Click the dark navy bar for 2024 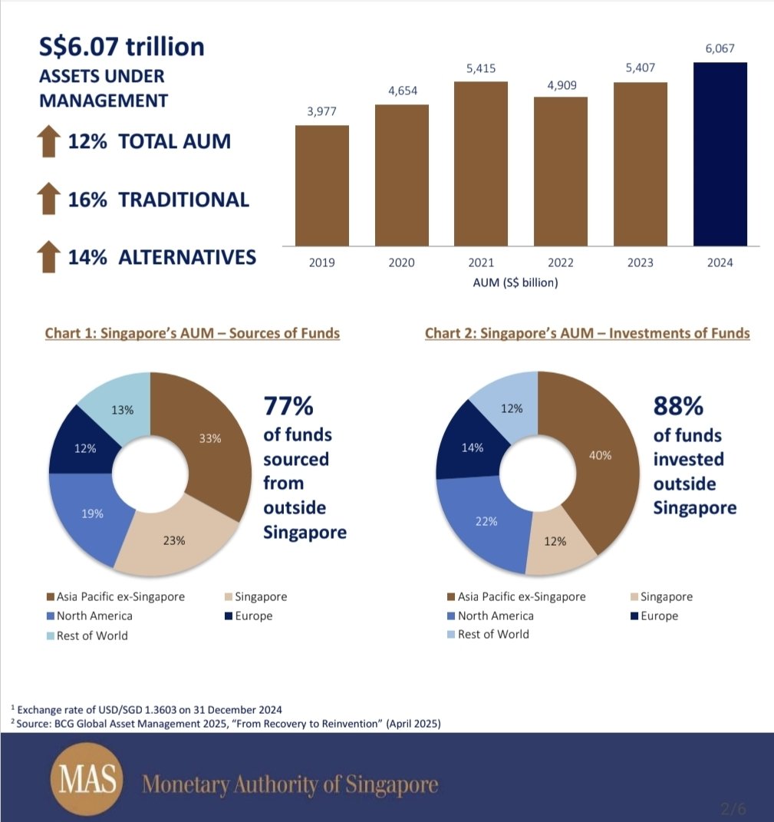tap(720, 154)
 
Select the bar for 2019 tap(321, 186)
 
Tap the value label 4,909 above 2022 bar tap(562, 85)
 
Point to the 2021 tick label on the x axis tap(481, 262)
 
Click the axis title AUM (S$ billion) tap(515, 282)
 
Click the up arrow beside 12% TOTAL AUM tap(49, 141)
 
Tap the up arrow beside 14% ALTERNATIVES tap(49, 256)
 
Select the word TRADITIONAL tap(183, 200)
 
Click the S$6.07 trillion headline tap(121, 47)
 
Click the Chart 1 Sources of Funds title tap(193, 333)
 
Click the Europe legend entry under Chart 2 tap(654, 616)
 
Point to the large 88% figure tap(678, 406)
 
